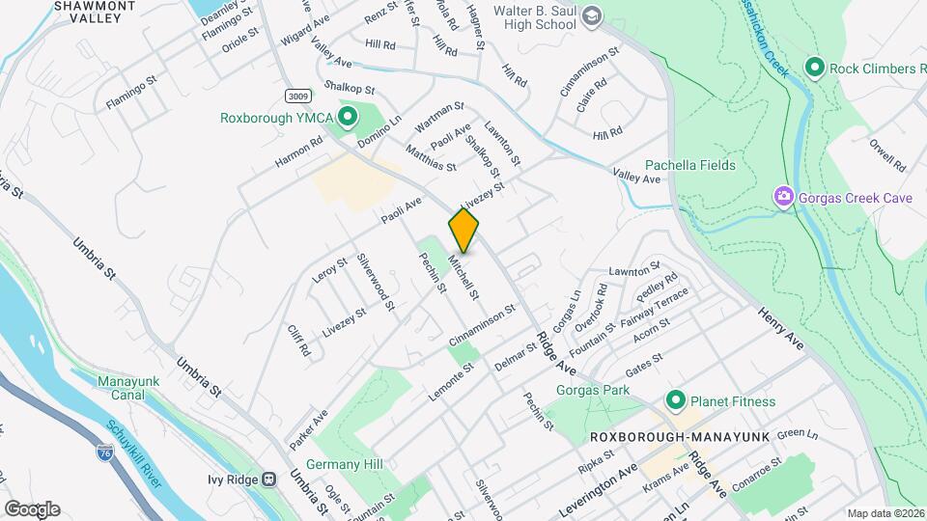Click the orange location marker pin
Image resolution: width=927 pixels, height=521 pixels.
(463, 231)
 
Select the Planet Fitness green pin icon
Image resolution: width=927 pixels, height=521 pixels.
(675, 400)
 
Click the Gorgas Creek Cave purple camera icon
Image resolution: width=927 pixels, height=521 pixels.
(783, 197)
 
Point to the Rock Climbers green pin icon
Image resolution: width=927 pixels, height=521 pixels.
(814, 69)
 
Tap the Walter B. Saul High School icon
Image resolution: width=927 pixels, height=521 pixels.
(591, 16)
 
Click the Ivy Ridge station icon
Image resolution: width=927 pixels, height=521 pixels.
(270, 477)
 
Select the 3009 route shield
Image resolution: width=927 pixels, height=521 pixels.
(299, 96)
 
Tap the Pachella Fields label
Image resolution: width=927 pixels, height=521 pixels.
(689, 165)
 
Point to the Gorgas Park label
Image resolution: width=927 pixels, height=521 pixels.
(593, 390)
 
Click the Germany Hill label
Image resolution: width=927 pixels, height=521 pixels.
(345, 464)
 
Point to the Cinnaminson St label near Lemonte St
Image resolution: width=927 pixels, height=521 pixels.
(492, 328)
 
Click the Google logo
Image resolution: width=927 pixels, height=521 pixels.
(32, 508)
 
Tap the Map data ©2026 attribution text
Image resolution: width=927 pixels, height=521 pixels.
(885, 512)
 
